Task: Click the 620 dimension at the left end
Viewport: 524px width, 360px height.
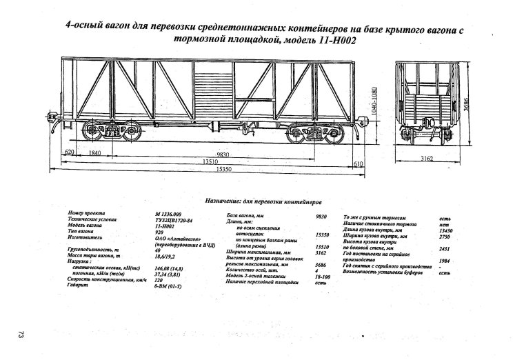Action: tap(69, 153)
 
